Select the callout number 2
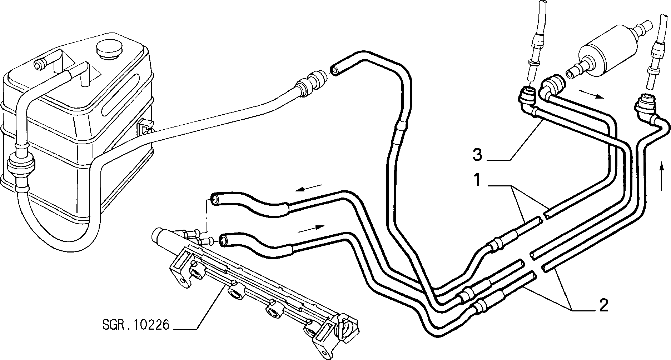point(603,306)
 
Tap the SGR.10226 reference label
point(135,326)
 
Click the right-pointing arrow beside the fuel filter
point(592,94)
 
